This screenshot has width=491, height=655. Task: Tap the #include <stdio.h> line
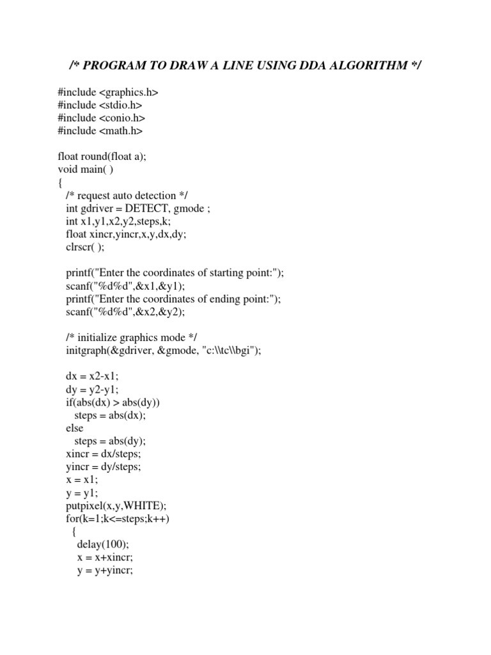click(x=100, y=106)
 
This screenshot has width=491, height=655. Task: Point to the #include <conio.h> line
click(x=102, y=118)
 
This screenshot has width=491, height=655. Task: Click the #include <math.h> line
click(x=100, y=131)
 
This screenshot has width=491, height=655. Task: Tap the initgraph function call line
click(x=164, y=350)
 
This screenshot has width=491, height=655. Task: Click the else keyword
click(x=75, y=428)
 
